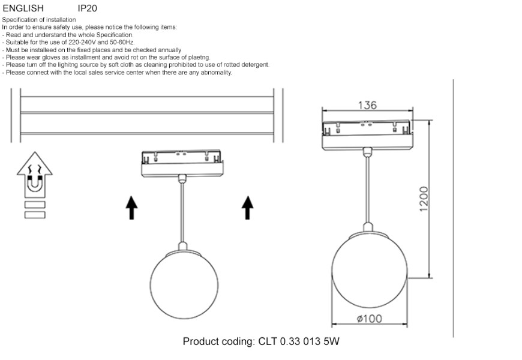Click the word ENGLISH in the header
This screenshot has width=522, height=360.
[x=23, y=8]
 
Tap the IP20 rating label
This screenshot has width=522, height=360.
[x=88, y=8]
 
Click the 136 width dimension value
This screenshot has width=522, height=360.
[x=367, y=105]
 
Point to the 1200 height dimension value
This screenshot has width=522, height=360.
[x=424, y=199]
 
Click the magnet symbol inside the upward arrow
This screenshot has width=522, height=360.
[x=34, y=182]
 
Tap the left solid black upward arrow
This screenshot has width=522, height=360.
[x=132, y=208]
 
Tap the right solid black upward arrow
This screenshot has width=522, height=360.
[x=247, y=208]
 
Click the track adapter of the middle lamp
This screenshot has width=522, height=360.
[x=182, y=164]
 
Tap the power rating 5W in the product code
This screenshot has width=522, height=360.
[x=331, y=342]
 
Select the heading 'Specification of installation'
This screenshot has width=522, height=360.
[x=39, y=20]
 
